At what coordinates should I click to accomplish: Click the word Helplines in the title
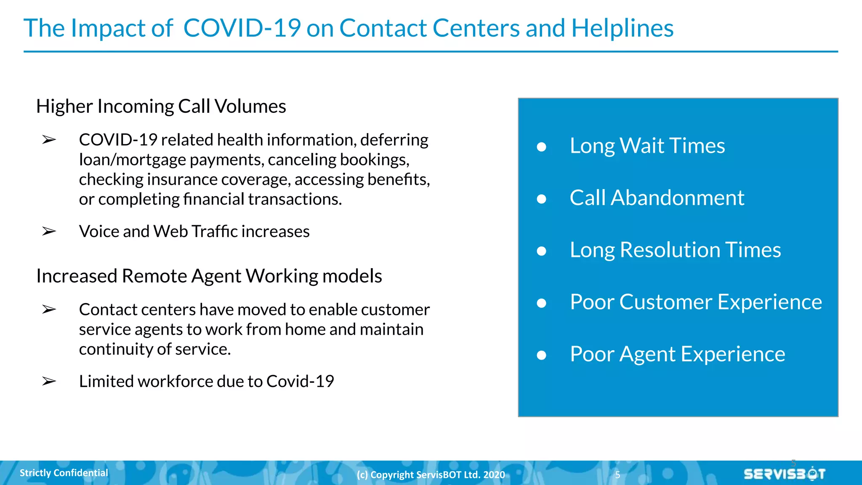(x=622, y=28)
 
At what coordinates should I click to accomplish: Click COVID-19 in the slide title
(x=242, y=28)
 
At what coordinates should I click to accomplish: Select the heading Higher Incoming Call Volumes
(x=161, y=106)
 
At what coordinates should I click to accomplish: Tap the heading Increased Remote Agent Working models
(x=209, y=276)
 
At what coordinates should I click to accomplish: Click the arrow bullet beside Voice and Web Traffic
(x=49, y=231)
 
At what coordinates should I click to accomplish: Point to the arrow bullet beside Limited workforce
(x=49, y=381)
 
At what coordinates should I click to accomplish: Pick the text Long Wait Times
(x=647, y=146)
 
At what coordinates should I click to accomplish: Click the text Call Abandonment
(x=657, y=198)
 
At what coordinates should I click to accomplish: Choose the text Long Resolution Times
(x=675, y=250)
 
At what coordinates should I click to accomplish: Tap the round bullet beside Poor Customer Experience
(x=542, y=303)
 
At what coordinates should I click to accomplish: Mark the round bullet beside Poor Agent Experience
(x=542, y=355)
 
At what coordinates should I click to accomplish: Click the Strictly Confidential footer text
(x=64, y=473)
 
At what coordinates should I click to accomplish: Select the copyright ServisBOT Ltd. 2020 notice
(x=431, y=475)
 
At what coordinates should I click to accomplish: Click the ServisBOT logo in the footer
(x=784, y=474)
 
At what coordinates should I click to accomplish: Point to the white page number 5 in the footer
(x=617, y=475)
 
